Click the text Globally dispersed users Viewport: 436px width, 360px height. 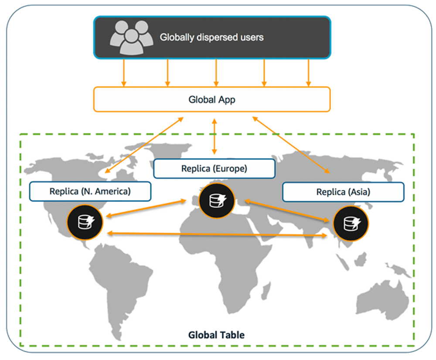click(x=211, y=37)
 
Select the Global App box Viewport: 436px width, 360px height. click(x=212, y=99)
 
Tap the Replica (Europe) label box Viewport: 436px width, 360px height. click(x=214, y=168)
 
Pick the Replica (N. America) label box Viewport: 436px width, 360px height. click(x=90, y=191)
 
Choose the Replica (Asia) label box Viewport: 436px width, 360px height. click(x=343, y=192)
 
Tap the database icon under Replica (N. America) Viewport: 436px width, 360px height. click(x=85, y=222)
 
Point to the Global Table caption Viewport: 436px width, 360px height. click(x=216, y=335)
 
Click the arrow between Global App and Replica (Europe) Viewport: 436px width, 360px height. click(x=214, y=136)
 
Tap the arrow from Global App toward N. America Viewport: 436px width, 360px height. click(x=144, y=144)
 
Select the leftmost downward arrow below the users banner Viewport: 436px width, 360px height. click(x=124, y=72)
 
